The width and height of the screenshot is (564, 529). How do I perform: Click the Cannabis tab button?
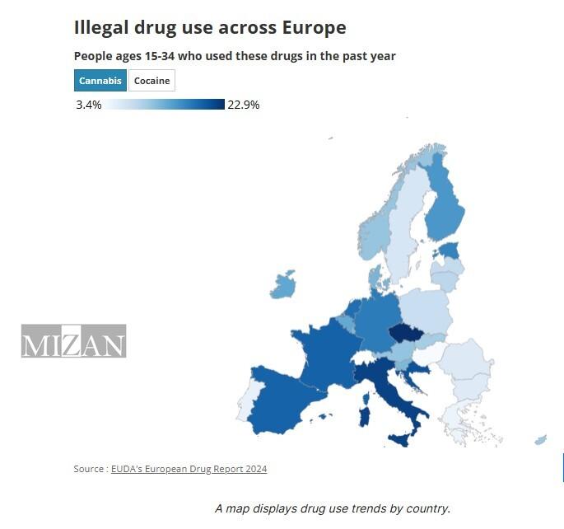100,81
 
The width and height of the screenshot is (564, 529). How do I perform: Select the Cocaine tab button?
151,81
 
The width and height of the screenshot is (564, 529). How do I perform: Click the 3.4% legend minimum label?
88,105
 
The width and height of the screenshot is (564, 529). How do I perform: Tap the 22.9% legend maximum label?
243,105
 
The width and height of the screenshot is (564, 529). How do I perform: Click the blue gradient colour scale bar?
165,105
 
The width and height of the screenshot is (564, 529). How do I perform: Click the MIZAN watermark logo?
73,341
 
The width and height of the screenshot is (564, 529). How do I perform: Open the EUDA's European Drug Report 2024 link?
189,469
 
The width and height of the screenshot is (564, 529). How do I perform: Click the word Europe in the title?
313,27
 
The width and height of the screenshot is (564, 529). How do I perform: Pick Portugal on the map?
245,406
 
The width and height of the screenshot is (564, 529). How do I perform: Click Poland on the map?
425,310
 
